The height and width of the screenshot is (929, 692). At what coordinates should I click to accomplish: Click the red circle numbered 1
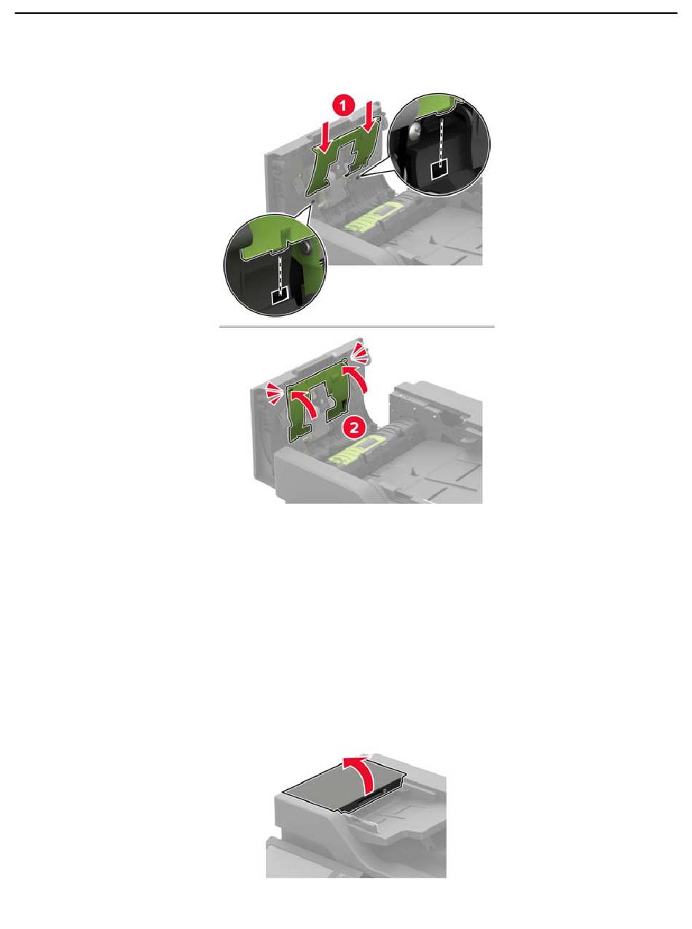pyautogui.click(x=343, y=106)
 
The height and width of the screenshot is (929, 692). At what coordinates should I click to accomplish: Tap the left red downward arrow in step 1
pyautogui.click(x=323, y=132)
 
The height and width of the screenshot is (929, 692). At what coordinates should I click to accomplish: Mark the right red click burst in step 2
pyautogui.click(x=360, y=352)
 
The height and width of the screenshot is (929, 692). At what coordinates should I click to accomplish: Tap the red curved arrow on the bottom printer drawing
pyautogui.click(x=361, y=772)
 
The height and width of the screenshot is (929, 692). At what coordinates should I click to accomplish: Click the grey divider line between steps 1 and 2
pyautogui.click(x=357, y=326)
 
